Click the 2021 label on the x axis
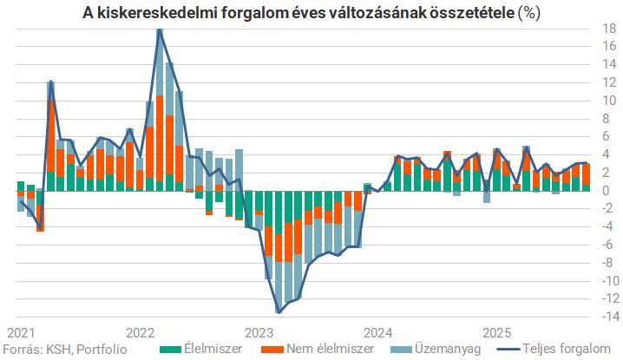21,333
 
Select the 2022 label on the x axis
140,333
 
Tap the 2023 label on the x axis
259,333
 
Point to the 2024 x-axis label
378,333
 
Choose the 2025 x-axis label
497,333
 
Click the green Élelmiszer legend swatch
169,349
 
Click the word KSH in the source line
55,349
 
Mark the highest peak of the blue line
159,30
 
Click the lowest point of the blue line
279,312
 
